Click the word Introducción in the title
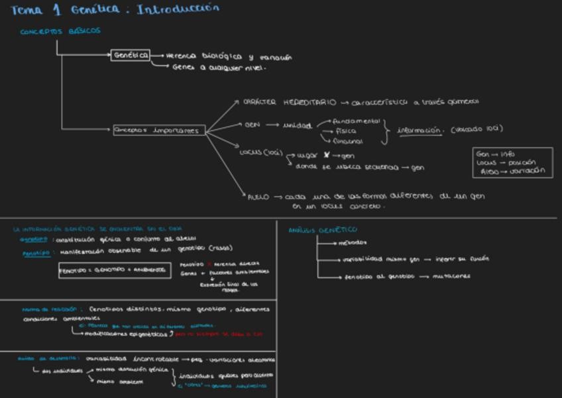point(177,9)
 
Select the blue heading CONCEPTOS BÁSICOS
point(60,31)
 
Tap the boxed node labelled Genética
point(131,55)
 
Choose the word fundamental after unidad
point(357,121)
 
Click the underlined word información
point(420,130)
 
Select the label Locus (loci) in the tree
point(261,152)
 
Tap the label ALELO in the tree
point(257,197)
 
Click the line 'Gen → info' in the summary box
point(496,154)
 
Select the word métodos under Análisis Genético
point(353,242)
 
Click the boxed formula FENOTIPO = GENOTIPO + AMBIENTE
point(112,270)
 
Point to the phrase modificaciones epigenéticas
point(129,334)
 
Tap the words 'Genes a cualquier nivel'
point(219,68)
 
